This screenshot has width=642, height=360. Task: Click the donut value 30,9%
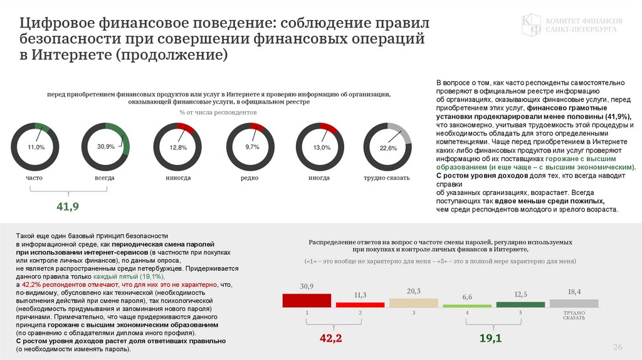(105, 147)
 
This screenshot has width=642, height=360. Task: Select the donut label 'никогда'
(178, 177)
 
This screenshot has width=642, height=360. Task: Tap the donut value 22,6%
(388, 149)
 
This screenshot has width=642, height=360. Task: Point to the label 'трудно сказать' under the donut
(386, 177)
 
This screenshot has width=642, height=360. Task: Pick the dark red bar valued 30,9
(307, 300)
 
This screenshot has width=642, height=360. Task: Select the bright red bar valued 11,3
(360, 304)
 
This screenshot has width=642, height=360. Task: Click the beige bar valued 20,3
(413, 302)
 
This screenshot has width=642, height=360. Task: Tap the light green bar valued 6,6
(466, 305)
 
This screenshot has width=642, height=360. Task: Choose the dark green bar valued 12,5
(520, 304)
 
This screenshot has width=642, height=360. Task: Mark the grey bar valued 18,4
(574, 302)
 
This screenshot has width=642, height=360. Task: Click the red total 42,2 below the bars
(330, 338)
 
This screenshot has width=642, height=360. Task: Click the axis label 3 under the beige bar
(413, 312)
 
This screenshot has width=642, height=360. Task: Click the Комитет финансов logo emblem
(532, 26)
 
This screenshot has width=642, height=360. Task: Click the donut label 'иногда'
(319, 177)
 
